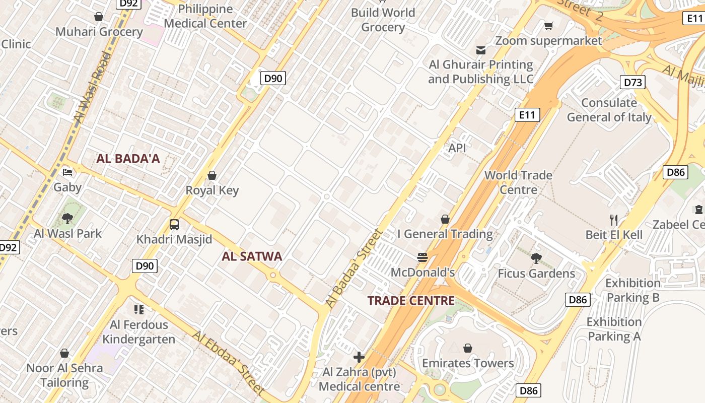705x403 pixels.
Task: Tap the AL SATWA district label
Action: (x=252, y=256)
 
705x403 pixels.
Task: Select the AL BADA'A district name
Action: (x=128, y=159)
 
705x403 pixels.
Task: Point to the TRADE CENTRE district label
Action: (x=411, y=301)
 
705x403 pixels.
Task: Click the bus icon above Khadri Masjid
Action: (x=174, y=225)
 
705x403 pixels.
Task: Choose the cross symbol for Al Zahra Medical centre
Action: (x=359, y=358)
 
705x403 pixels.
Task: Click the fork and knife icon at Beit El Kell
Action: (x=613, y=220)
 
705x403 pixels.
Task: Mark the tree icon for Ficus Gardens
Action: (x=536, y=258)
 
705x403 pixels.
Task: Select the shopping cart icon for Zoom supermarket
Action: (x=548, y=26)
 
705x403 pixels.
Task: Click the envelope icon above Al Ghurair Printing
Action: (x=480, y=50)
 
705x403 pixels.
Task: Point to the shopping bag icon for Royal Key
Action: (x=212, y=175)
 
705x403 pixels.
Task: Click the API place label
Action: (x=457, y=148)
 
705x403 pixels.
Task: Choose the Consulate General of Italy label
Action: (x=609, y=110)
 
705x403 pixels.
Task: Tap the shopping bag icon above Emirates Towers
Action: (x=468, y=348)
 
